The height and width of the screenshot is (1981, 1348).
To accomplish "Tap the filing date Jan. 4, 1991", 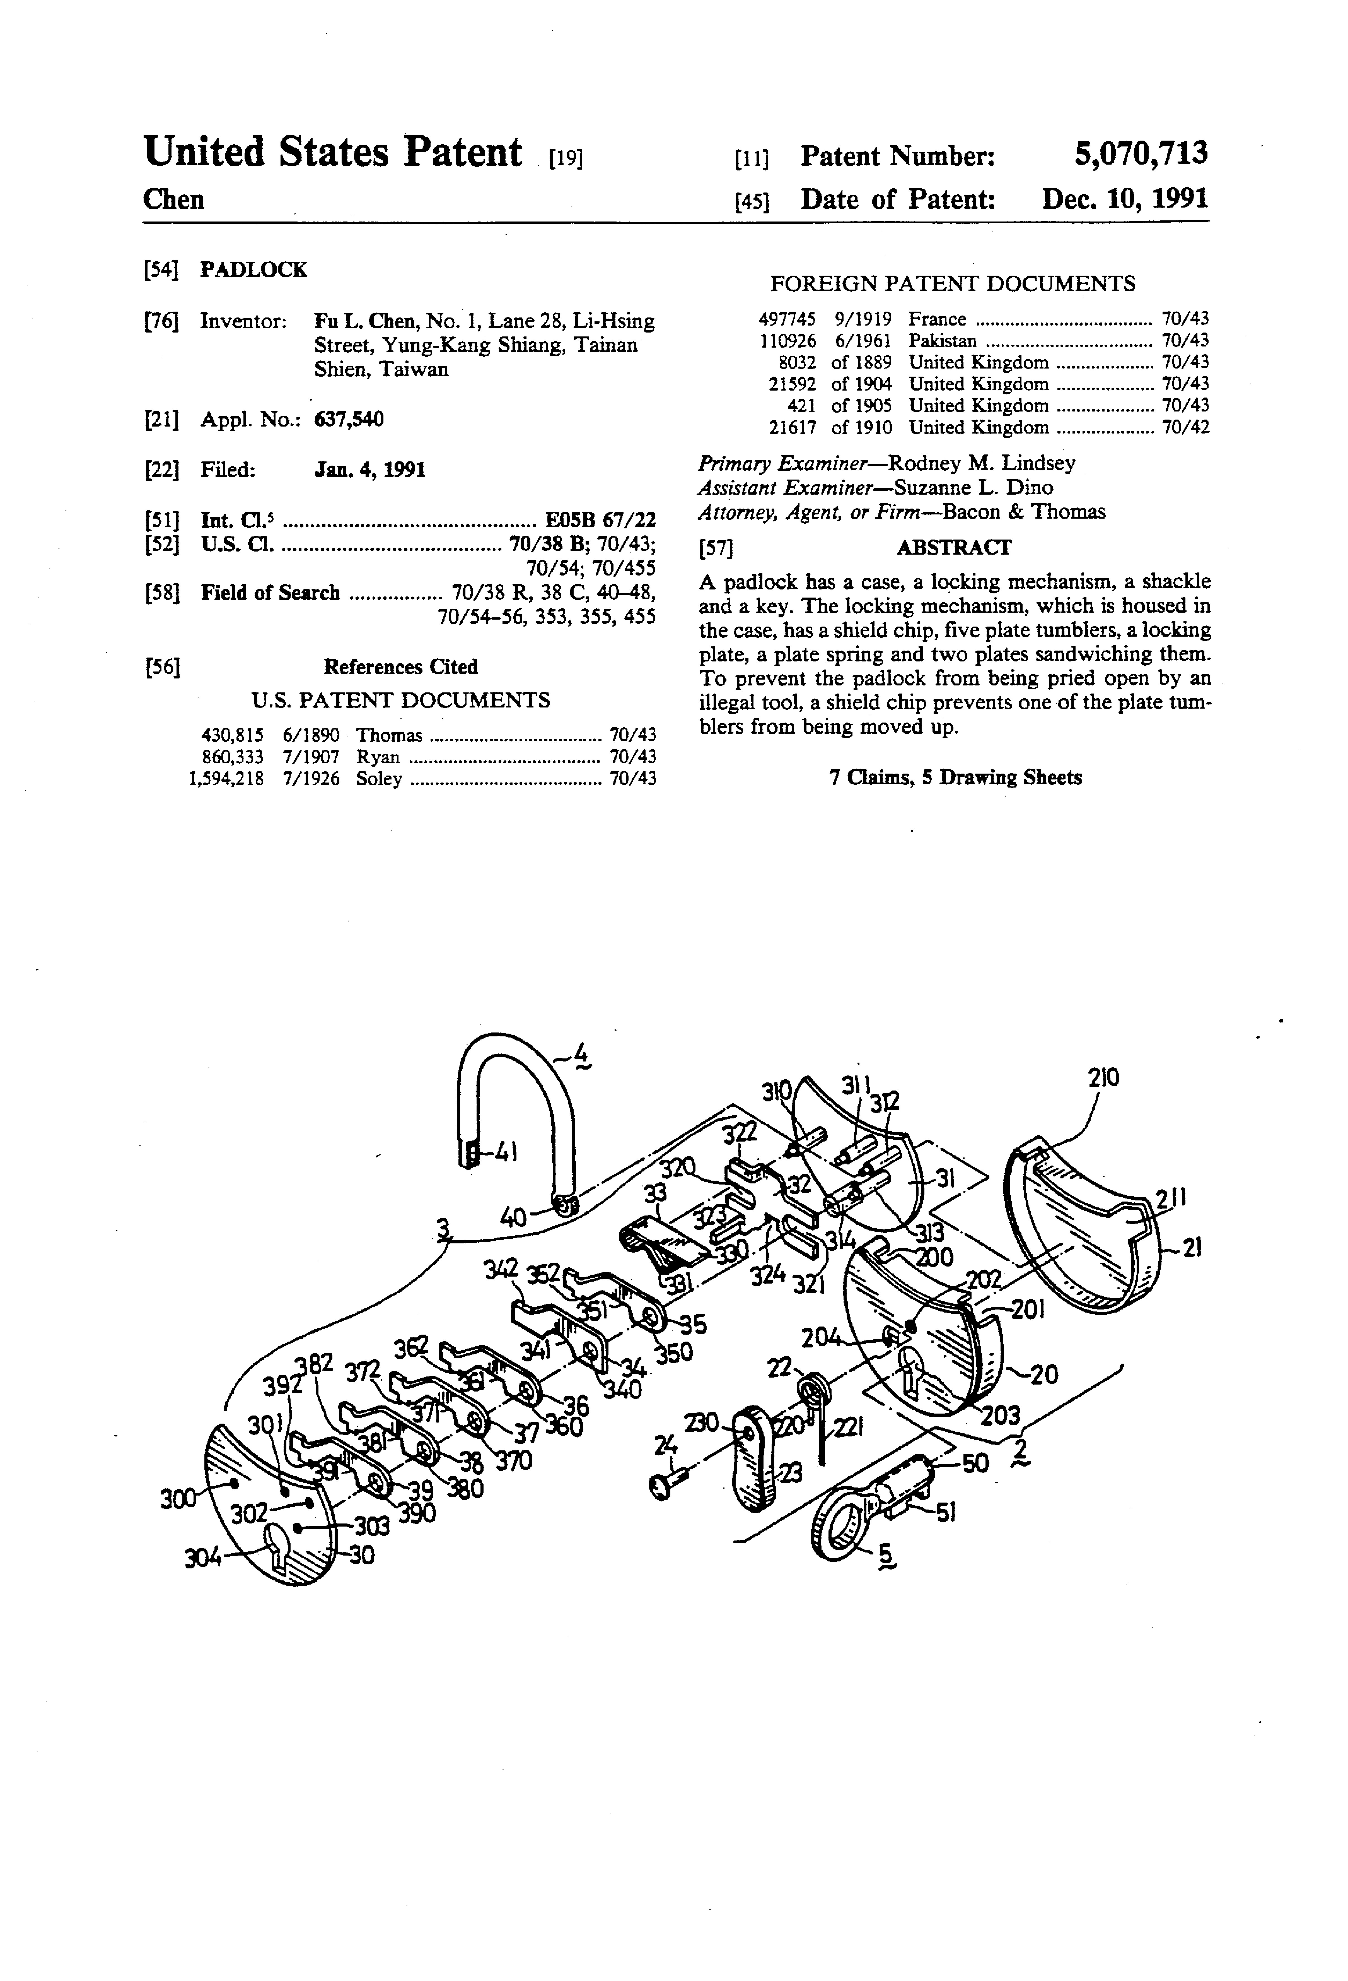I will (370, 470).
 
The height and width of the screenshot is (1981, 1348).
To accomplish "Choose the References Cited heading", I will (400, 666).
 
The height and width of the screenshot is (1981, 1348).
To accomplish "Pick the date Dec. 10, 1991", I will (1125, 199).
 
